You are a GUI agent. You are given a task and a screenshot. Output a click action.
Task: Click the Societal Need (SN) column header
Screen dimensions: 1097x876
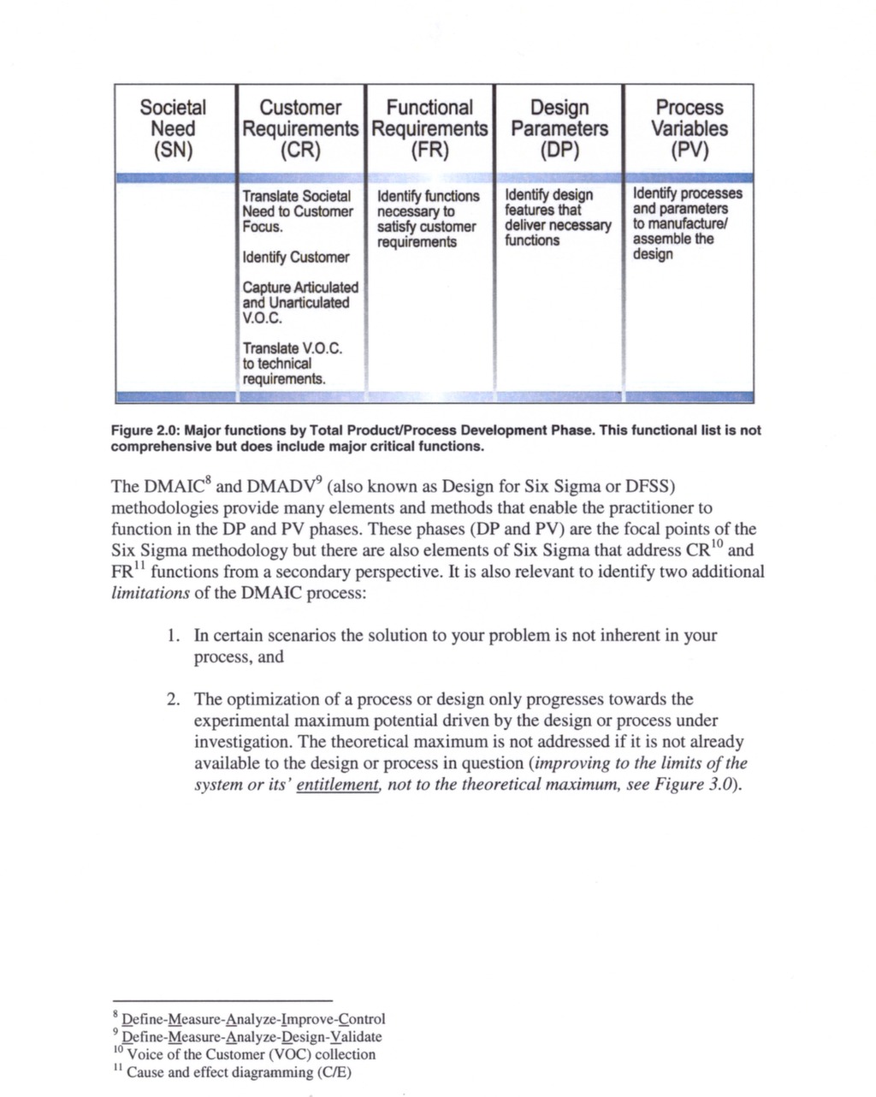(x=173, y=129)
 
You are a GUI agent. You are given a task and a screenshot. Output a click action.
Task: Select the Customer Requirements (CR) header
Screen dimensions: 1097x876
(x=300, y=129)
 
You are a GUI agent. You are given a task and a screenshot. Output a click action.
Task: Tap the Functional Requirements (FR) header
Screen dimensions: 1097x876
(x=429, y=129)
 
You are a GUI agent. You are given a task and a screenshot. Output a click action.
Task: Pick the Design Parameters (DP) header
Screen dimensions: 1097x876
(x=559, y=129)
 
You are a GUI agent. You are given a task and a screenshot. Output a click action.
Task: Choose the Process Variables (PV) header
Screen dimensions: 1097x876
(x=689, y=129)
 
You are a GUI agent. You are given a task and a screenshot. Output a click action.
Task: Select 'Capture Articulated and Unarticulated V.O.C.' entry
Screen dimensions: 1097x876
(x=299, y=303)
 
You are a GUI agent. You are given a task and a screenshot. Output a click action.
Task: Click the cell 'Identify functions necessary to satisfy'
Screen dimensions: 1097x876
(x=427, y=219)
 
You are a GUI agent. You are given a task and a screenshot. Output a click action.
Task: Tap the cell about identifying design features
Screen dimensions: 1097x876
(x=557, y=217)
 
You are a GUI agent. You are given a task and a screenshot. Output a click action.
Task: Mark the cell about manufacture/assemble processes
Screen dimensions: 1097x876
(x=687, y=223)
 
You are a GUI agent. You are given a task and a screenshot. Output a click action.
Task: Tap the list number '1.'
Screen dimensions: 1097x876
(x=174, y=636)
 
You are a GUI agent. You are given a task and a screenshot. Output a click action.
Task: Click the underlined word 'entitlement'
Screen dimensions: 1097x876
(x=337, y=786)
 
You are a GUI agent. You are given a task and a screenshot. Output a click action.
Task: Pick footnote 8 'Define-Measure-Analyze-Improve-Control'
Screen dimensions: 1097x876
(x=253, y=1019)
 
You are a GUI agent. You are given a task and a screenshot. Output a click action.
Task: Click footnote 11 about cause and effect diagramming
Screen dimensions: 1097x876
(x=239, y=1073)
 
